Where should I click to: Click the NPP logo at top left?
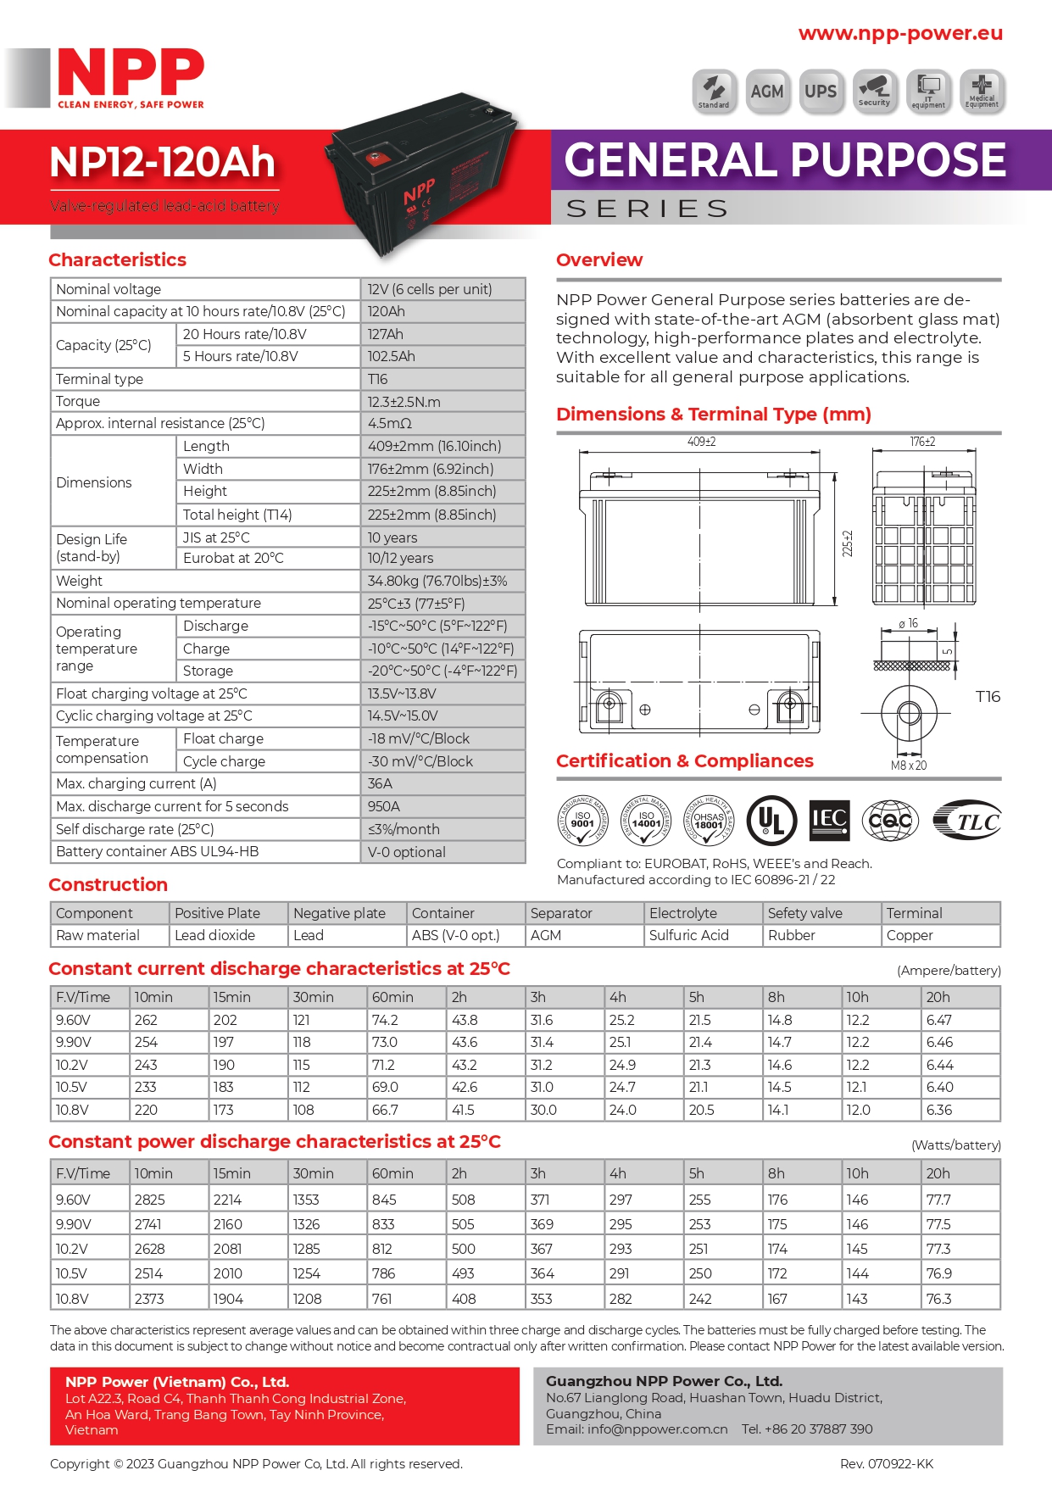click(x=131, y=77)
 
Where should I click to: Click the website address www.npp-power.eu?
click(x=900, y=33)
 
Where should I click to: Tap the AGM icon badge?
click(x=767, y=92)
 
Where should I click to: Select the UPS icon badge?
click(x=821, y=92)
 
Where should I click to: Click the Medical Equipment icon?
click(x=982, y=92)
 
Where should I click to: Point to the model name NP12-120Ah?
click(x=163, y=162)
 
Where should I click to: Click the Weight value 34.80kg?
click(x=437, y=581)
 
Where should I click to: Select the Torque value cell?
click(x=404, y=402)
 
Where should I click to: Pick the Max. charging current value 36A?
click(x=381, y=783)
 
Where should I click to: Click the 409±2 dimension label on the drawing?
click(x=701, y=442)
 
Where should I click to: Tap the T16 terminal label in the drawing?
click(x=988, y=697)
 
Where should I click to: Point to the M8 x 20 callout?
click(x=909, y=766)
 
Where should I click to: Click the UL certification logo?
click(x=771, y=820)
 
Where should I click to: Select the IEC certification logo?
click(x=829, y=820)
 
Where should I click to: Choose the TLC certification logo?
click(x=968, y=820)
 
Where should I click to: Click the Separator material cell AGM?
click(x=546, y=935)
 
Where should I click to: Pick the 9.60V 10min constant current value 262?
click(x=146, y=1020)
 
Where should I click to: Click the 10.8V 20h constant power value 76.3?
click(x=939, y=1299)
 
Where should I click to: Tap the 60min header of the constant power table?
click(x=392, y=1173)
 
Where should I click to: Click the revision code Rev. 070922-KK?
click(x=886, y=1464)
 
